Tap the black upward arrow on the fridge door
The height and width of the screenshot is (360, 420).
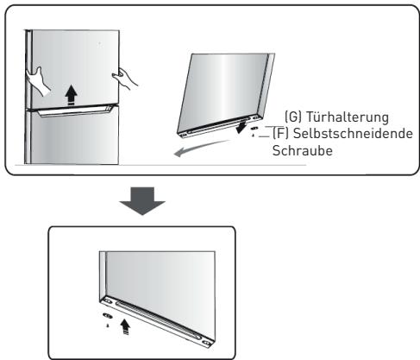pyautogui.click(x=71, y=93)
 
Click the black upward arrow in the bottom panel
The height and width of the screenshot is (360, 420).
pyautogui.click(x=129, y=325)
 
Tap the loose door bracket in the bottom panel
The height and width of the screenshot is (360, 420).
pyautogui.click(x=107, y=316)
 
